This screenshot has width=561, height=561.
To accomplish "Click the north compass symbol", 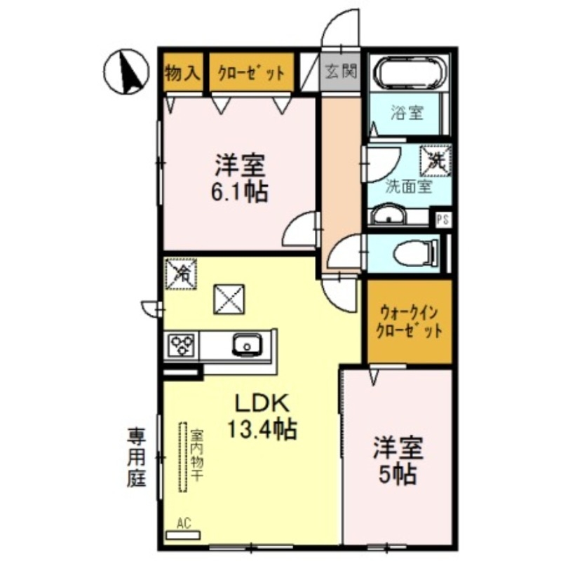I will [x=126, y=72].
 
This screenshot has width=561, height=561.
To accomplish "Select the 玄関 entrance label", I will [x=342, y=71].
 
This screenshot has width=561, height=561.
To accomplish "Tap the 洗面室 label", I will [x=409, y=187].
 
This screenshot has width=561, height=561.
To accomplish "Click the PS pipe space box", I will [x=443, y=219].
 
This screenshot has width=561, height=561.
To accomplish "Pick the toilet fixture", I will [x=416, y=253].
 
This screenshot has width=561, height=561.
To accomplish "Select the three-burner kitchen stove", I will [x=182, y=346].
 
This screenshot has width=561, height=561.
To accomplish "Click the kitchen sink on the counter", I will [x=248, y=344].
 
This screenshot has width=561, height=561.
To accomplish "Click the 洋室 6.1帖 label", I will [x=240, y=179].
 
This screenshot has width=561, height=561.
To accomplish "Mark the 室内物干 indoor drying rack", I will [x=184, y=457].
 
